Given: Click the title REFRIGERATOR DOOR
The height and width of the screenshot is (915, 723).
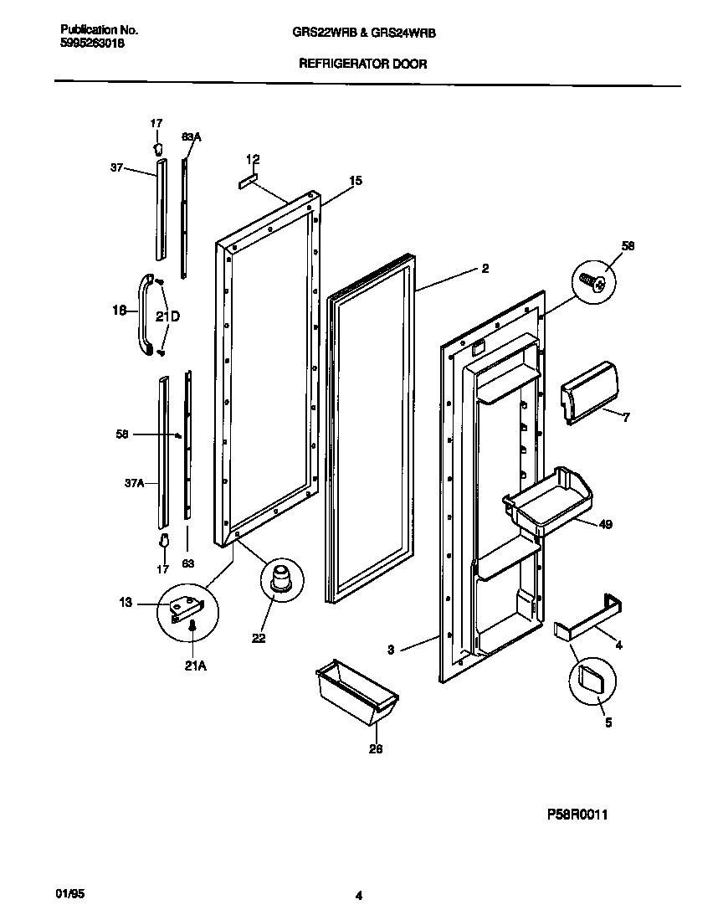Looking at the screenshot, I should coord(362,64).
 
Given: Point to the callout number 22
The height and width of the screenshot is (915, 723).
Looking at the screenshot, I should coord(259,638).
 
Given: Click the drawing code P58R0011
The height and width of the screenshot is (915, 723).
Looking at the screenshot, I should coord(565,813).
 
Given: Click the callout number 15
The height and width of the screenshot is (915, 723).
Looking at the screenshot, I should coord(356,180).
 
